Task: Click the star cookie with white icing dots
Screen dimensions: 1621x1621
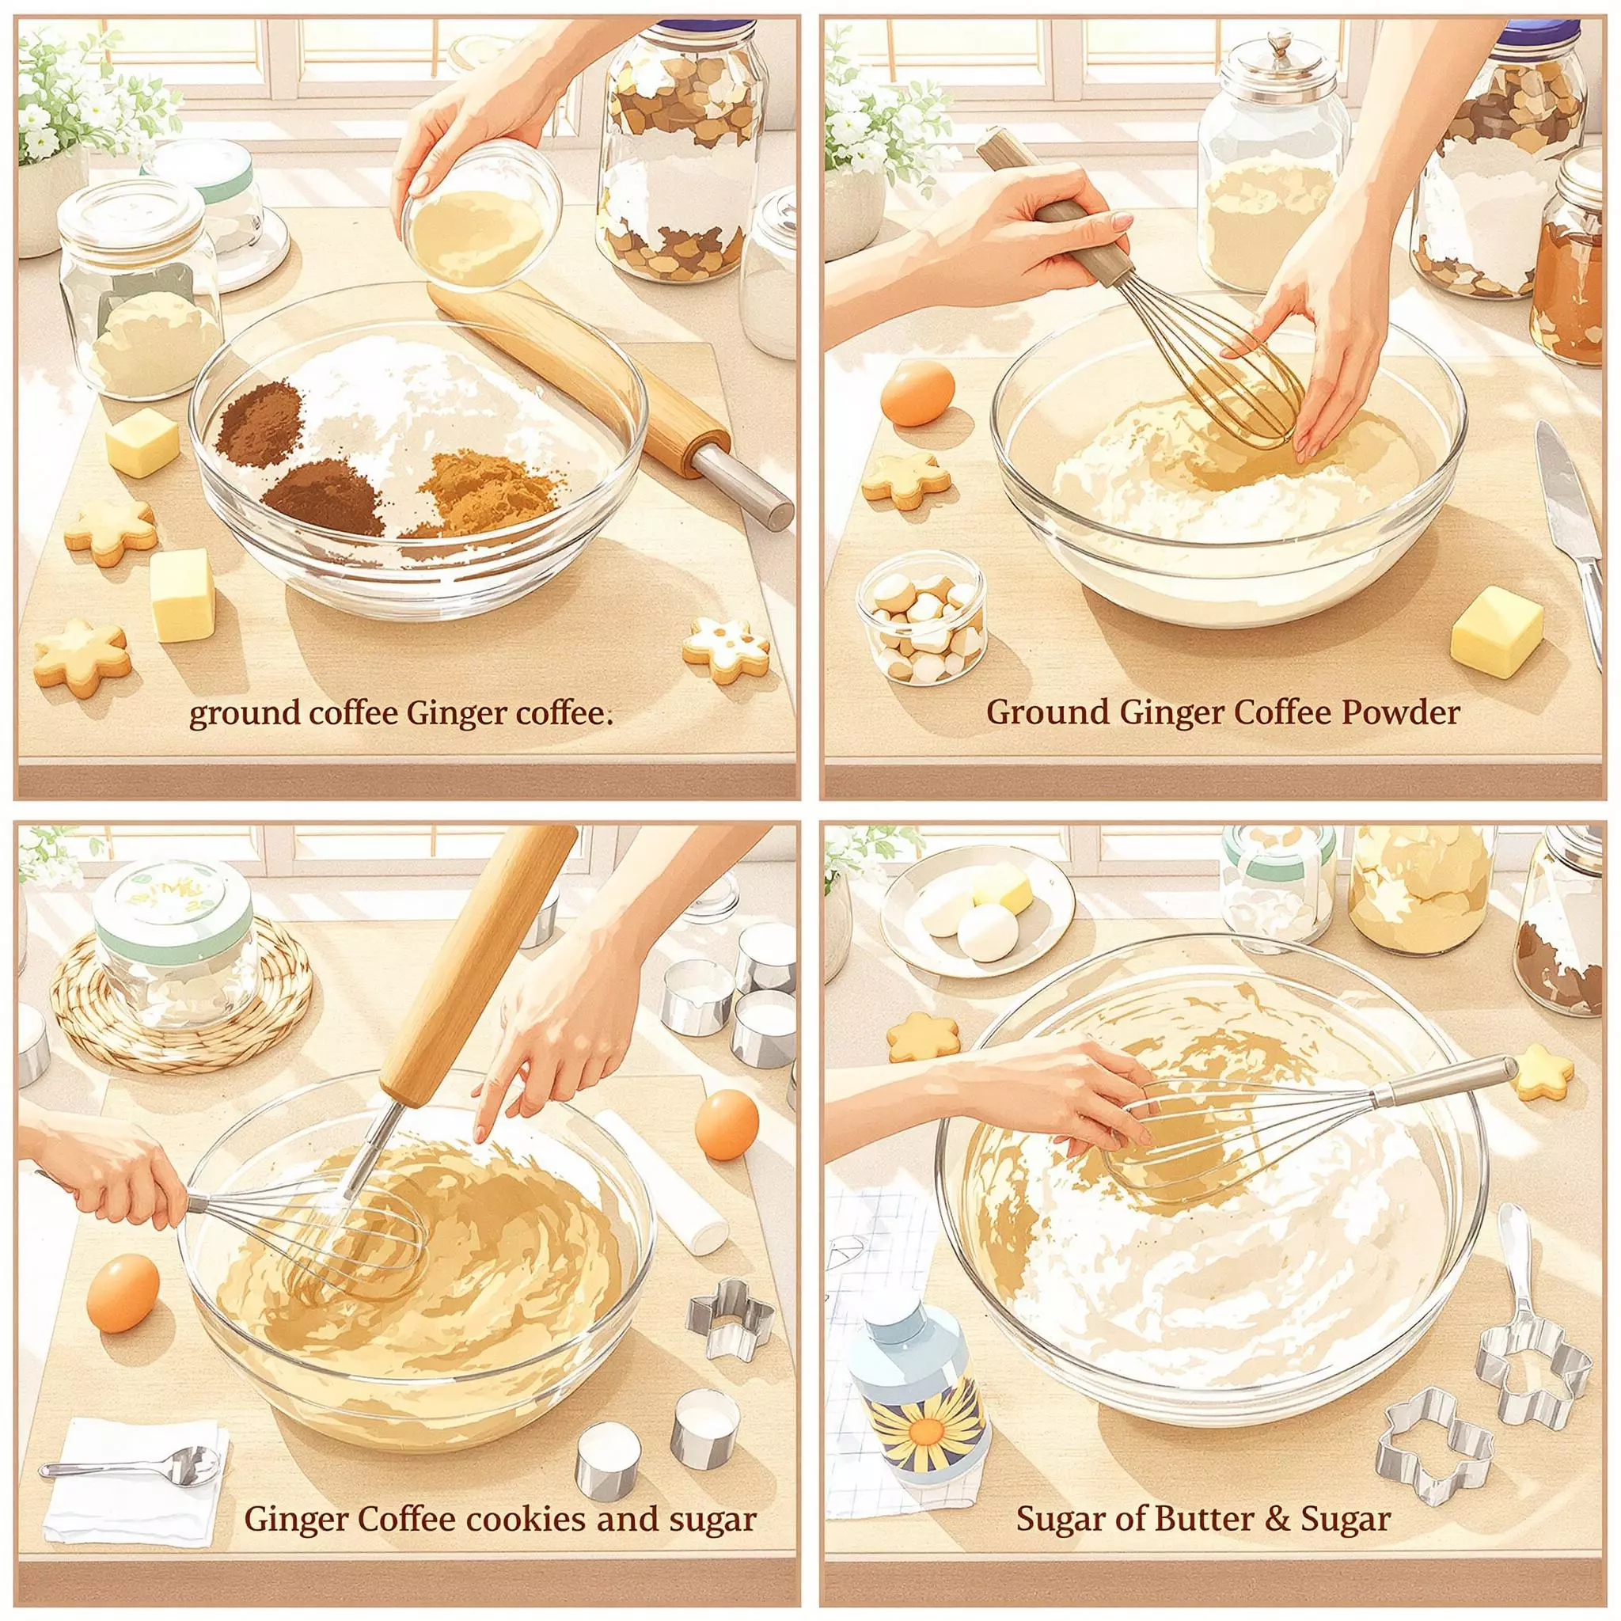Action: (x=726, y=648)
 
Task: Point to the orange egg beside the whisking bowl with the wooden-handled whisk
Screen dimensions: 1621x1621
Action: (x=918, y=393)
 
